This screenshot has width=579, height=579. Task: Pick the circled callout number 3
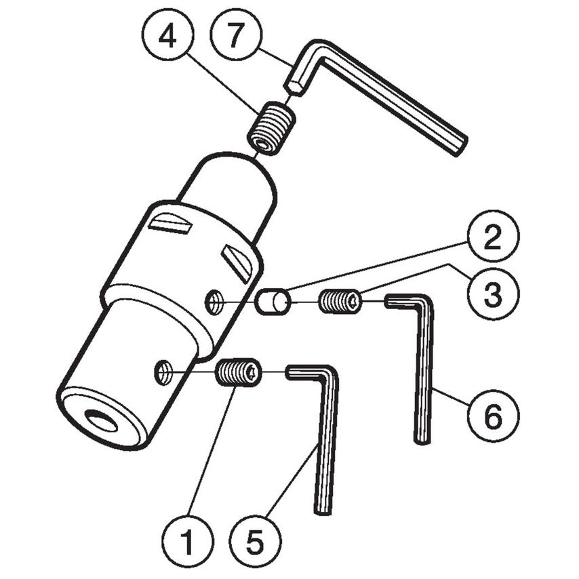[493, 294]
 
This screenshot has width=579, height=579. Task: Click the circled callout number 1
[188, 541]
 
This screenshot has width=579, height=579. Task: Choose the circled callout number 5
[254, 541]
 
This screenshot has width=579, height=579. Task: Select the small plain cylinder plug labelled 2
[273, 301]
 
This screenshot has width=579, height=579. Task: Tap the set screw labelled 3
[340, 300]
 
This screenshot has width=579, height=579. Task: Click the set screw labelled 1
[239, 372]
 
